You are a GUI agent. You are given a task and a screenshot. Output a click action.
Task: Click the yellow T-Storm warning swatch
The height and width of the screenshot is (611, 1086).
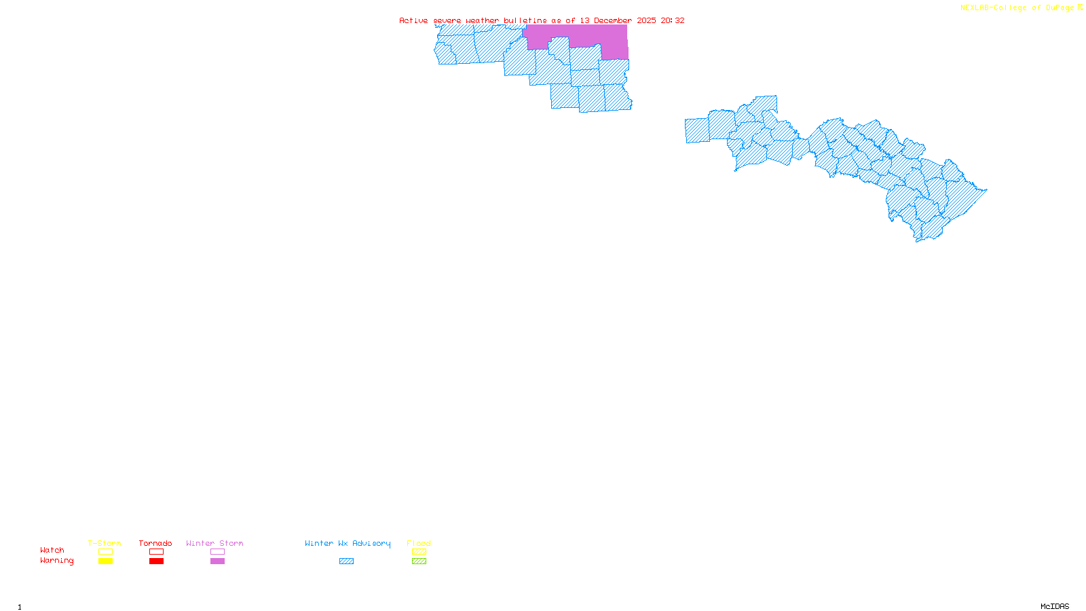click(105, 561)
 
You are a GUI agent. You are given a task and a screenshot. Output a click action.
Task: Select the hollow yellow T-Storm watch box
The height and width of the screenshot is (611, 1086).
click(105, 552)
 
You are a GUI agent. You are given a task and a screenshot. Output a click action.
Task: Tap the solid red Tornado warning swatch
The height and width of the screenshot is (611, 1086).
click(157, 561)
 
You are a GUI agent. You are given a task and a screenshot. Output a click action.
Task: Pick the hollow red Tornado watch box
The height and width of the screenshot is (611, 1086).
click(157, 552)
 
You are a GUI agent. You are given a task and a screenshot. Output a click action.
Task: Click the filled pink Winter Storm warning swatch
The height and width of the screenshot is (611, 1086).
click(217, 561)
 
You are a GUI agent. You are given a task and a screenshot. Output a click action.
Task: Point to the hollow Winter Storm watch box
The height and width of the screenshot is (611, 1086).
click(217, 552)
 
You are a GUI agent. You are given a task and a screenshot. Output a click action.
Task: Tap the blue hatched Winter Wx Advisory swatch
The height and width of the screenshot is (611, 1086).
click(346, 561)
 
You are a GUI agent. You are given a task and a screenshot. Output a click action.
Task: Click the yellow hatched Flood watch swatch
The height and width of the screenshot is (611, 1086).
click(419, 552)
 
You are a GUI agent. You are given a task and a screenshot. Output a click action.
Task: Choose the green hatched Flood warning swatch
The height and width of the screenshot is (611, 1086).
click(419, 561)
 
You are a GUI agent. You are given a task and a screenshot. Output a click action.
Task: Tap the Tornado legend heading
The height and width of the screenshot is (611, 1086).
click(155, 543)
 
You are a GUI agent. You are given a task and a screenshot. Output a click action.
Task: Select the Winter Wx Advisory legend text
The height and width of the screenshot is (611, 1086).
click(348, 543)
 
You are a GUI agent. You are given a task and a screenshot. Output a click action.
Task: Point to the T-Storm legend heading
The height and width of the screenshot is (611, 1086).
click(105, 543)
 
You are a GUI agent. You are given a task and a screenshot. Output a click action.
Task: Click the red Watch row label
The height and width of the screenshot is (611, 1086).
click(52, 551)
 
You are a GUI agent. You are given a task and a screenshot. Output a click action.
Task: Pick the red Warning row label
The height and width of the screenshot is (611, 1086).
click(57, 561)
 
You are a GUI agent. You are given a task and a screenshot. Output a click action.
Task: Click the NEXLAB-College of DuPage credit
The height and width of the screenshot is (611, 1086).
click(1017, 7)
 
